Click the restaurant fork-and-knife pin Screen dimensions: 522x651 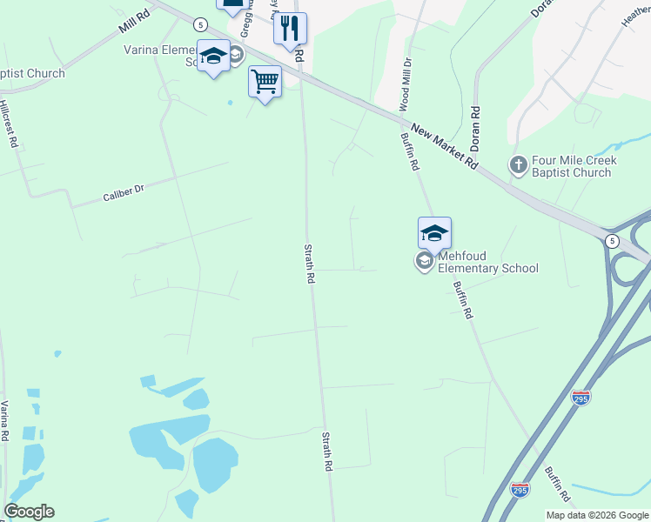tap(290, 29)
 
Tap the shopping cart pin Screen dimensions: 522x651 tap(265, 83)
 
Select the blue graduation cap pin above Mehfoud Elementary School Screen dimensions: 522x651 tap(434, 233)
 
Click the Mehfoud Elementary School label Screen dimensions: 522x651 tap(487, 262)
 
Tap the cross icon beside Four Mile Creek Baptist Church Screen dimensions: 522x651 tap(518, 164)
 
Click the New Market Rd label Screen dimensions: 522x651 tap(445, 146)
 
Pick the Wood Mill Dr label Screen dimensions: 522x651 tap(405, 85)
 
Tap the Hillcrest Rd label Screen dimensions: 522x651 tap(10, 121)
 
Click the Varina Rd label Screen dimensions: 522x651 tap(5, 421)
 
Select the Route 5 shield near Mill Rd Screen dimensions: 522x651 tap(201, 23)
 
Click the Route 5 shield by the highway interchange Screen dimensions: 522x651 tap(613, 240)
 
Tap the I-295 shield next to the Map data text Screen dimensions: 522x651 tap(520, 491)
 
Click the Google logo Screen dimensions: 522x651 tap(29, 512)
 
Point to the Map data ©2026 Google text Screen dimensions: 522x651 tap(596, 515)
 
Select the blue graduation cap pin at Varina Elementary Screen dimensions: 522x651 tap(213, 57)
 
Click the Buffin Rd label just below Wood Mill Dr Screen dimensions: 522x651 tap(411, 151)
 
